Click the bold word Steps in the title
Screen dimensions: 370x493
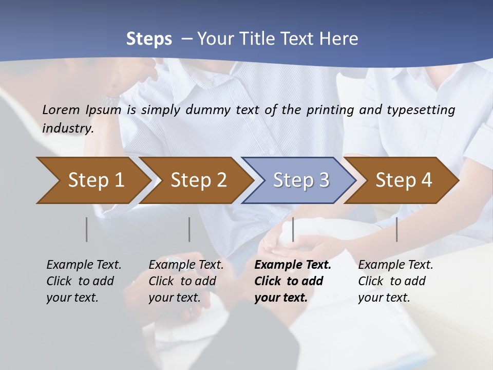click(149, 39)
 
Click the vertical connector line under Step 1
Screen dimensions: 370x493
click(87, 229)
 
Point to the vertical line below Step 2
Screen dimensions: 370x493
click(189, 229)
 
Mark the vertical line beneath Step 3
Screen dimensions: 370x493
click(293, 229)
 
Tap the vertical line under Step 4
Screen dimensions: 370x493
click(396, 229)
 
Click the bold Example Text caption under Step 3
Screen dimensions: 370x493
click(292, 281)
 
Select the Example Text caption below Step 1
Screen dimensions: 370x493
click(84, 281)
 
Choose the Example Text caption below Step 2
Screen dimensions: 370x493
click(186, 281)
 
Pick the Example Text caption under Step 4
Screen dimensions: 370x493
click(395, 281)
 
